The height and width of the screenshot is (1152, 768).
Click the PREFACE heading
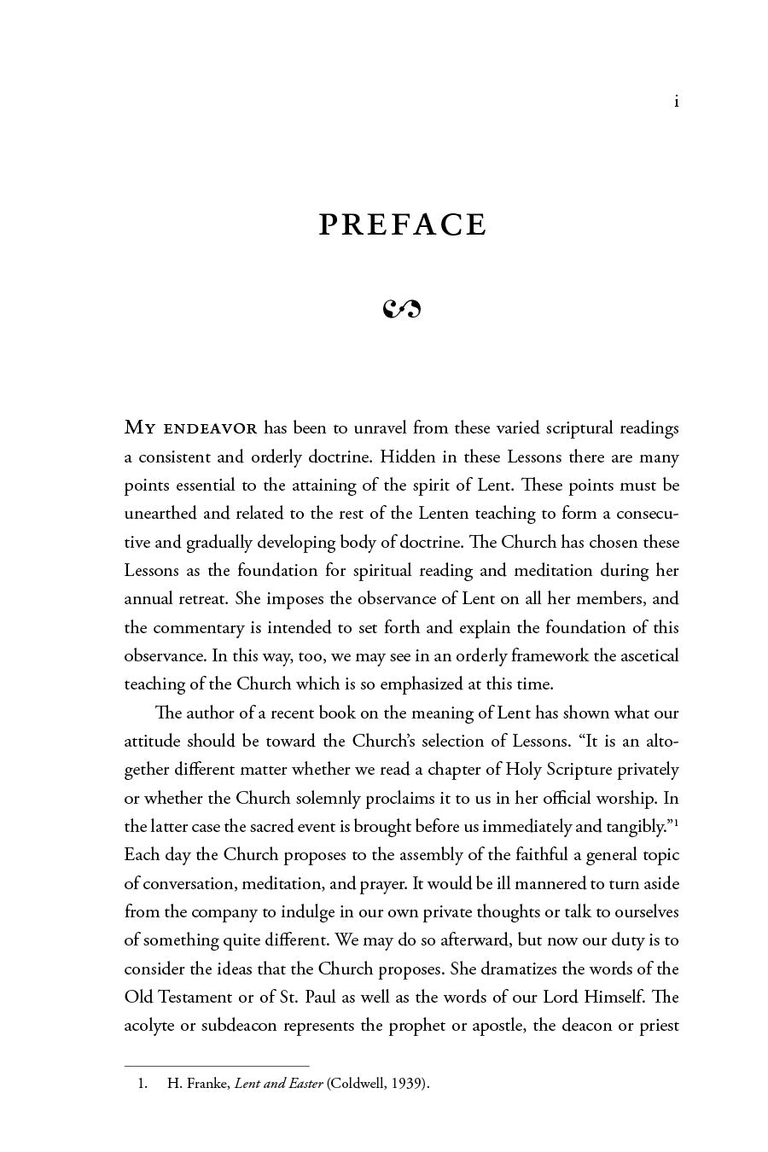403,224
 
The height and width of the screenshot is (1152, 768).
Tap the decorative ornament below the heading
403,308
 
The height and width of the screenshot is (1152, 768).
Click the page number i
676,102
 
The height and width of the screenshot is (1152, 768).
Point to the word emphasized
424,684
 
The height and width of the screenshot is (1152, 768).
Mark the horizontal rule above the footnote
217,1065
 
